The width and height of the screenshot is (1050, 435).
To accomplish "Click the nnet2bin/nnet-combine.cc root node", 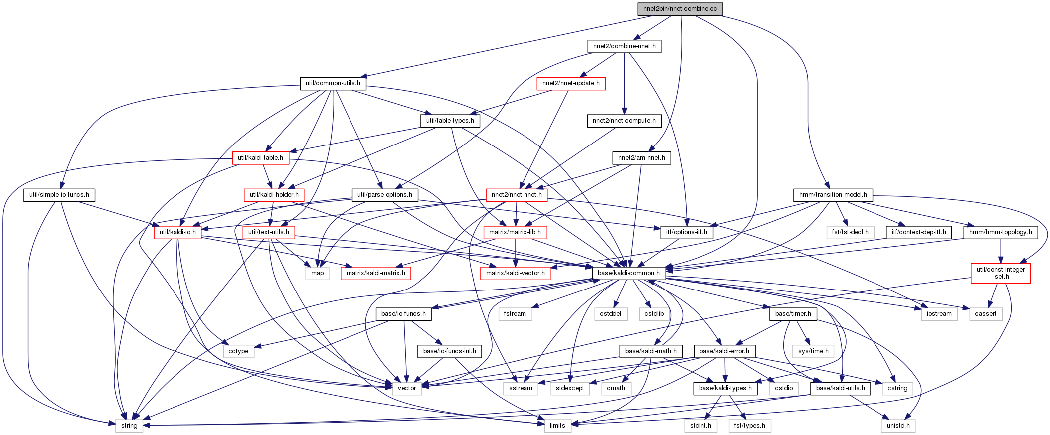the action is coord(680,9).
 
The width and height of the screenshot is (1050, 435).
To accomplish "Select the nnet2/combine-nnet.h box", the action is coord(624,46).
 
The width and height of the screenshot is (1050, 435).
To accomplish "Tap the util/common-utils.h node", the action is coord(333,83).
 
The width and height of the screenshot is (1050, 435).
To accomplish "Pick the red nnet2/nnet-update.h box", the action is coord(571,83).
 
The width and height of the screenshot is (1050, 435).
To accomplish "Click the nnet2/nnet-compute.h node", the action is coord(624,121).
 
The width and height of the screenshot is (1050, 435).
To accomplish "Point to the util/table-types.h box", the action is coord(450,121).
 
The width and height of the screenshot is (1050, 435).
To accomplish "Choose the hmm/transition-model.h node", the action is coord(833,195).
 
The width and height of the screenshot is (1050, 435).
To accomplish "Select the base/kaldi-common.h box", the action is coord(629,273).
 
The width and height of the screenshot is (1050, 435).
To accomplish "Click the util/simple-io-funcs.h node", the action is coord(59,195).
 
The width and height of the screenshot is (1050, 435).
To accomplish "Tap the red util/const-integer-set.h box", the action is coord(1001,273).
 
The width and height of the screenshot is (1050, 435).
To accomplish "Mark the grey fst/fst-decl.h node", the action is coord(851,232).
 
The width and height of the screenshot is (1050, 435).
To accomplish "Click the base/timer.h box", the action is coord(793,314).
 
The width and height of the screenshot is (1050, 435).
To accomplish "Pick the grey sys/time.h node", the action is coord(813,351).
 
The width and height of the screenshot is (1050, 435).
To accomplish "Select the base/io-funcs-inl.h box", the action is coord(450,351).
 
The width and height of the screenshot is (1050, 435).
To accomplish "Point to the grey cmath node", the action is coord(616,388).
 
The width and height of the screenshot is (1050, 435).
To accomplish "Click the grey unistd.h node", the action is coord(898,426).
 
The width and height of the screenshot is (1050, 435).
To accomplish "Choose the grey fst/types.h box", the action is coord(750,426).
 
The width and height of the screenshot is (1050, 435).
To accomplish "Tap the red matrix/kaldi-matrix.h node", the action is coord(376,273).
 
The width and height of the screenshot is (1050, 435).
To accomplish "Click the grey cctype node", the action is coord(239,351).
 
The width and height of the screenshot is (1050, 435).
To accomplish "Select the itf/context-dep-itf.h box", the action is coord(919,232).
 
